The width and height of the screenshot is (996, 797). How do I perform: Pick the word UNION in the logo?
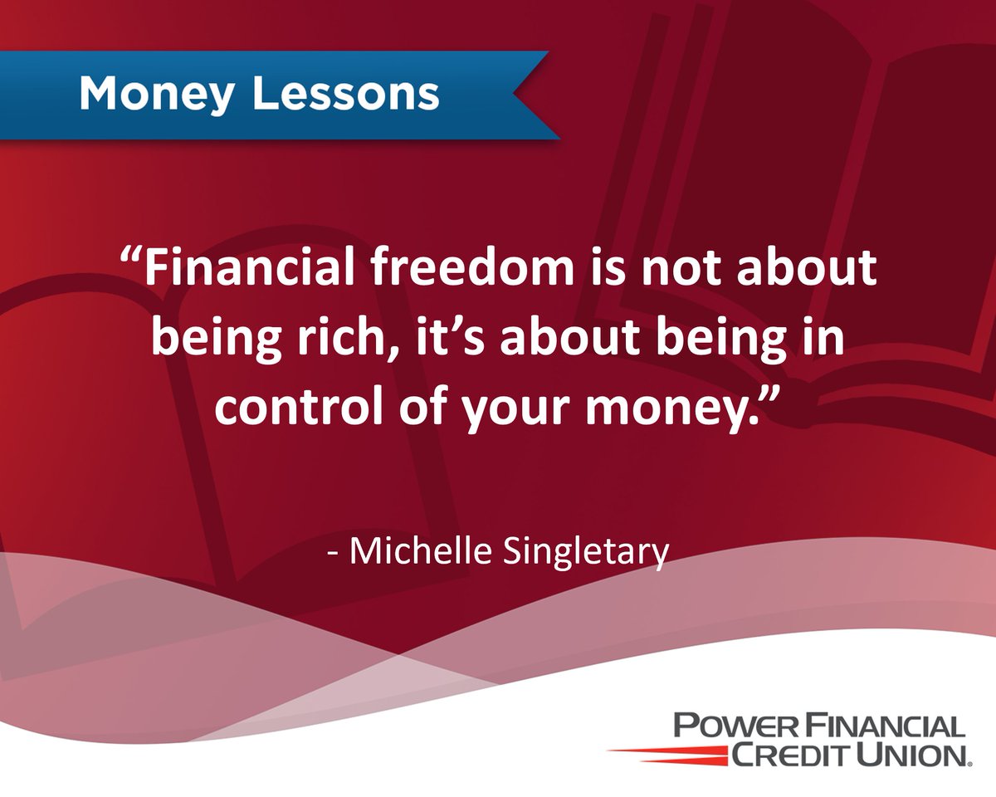(x=913, y=755)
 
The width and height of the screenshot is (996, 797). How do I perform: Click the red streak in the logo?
(x=664, y=751)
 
